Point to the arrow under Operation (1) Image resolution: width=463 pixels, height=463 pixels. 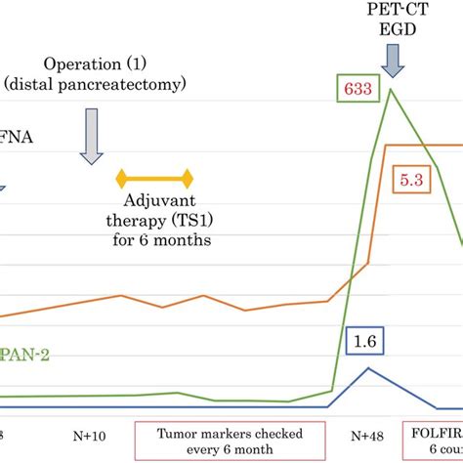92,137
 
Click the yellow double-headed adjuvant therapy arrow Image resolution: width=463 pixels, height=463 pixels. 155,179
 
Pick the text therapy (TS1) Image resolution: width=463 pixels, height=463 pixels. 155,219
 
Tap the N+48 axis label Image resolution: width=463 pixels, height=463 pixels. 370,433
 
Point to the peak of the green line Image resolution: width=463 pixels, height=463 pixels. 392,90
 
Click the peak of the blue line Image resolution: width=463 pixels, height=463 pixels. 367,368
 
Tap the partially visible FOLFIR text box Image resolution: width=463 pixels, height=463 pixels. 435,441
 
